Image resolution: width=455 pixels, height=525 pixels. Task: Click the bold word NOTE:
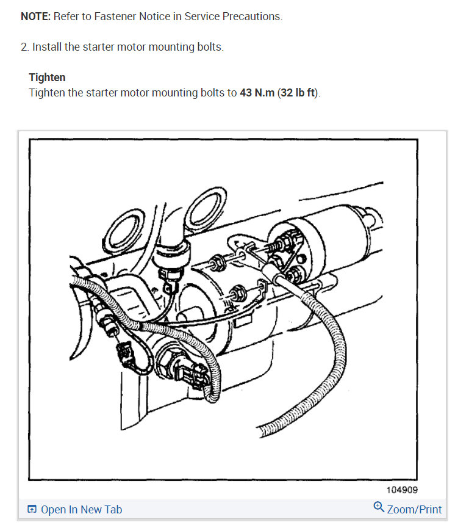[35, 16]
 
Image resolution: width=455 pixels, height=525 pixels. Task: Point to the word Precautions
[253, 16]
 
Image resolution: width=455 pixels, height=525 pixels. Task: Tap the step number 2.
[24, 47]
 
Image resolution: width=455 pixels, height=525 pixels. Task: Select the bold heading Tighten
[47, 78]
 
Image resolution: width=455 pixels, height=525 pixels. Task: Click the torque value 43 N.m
[257, 93]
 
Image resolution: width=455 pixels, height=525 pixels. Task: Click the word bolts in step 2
[210, 47]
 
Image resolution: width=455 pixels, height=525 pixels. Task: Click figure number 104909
[401, 490]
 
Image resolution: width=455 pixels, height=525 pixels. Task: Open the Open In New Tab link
[81, 510]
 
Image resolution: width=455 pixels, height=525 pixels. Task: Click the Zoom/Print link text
[414, 509]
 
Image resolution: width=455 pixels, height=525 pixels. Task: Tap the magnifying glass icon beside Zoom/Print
[379, 508]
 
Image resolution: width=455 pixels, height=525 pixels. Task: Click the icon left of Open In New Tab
[32, 510]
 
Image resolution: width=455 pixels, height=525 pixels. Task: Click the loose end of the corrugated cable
[263, 432]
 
